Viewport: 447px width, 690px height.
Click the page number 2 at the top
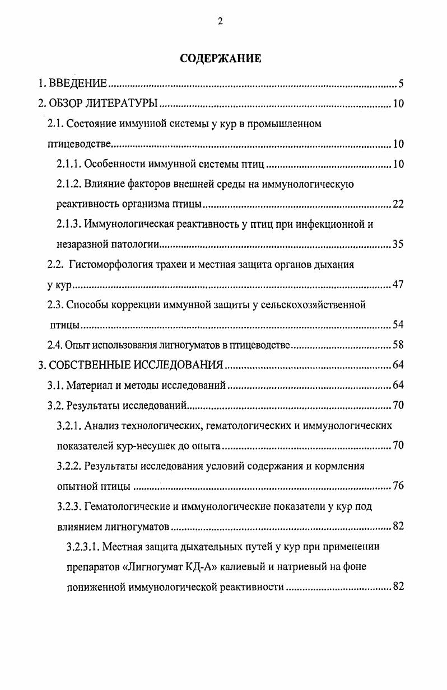220,22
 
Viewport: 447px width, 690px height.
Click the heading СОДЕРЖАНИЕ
220,59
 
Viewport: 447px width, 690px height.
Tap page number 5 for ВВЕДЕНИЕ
401,85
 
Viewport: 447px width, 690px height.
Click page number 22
398,204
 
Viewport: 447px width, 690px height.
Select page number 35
398,244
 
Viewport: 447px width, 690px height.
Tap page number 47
398,284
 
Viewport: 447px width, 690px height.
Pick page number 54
398,325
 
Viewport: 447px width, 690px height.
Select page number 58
398,345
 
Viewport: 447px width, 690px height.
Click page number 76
398,486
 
